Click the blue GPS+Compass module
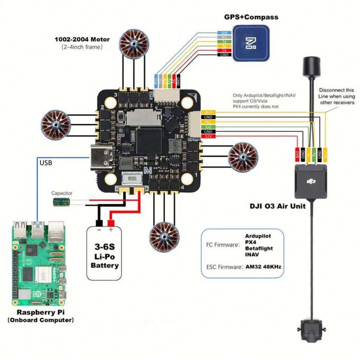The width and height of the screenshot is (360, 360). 251,43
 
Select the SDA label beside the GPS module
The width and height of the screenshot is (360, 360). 223,33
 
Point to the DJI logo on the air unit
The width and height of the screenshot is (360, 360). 311,182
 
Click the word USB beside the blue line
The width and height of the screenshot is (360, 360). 46,163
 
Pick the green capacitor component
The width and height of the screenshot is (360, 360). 61,202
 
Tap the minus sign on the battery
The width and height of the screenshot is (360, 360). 99,230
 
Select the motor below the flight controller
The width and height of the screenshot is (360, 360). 164,237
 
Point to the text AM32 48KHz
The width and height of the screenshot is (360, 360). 263,266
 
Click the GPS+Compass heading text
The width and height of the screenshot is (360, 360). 251,17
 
